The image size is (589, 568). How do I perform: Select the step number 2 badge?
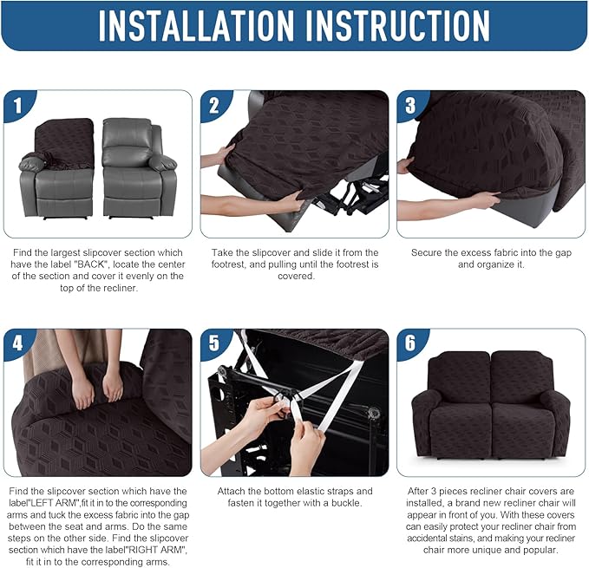(215, 106)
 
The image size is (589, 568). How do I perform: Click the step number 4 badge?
(18, 343)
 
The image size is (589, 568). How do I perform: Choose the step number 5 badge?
(215, 343)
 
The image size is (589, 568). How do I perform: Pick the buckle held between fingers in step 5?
(282, 402)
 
